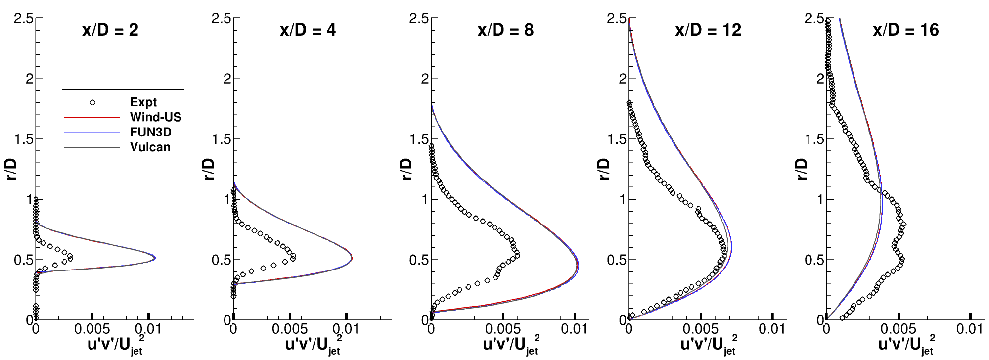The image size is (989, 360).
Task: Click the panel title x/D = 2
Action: [x=110, y=30]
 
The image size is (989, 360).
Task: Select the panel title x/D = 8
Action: [x=505, y=30]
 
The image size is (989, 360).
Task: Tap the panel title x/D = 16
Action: [x=905, y=30]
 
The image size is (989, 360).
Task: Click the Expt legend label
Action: [x=143, y=102]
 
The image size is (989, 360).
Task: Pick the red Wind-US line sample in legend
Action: [x=92, y=117]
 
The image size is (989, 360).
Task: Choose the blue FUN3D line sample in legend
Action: [x=92, y=133]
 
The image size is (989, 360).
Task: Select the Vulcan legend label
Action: [x=150, y=147]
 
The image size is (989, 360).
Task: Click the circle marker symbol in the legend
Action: [x=92, y=102]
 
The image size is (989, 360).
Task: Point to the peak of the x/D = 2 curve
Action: [x=155, y=257]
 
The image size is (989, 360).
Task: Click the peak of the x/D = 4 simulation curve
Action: [x=352, y=257]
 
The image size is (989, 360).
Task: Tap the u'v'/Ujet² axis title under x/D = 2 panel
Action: [x=115, y=344]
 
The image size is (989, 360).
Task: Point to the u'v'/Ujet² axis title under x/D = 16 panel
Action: [x=906, y=344]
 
